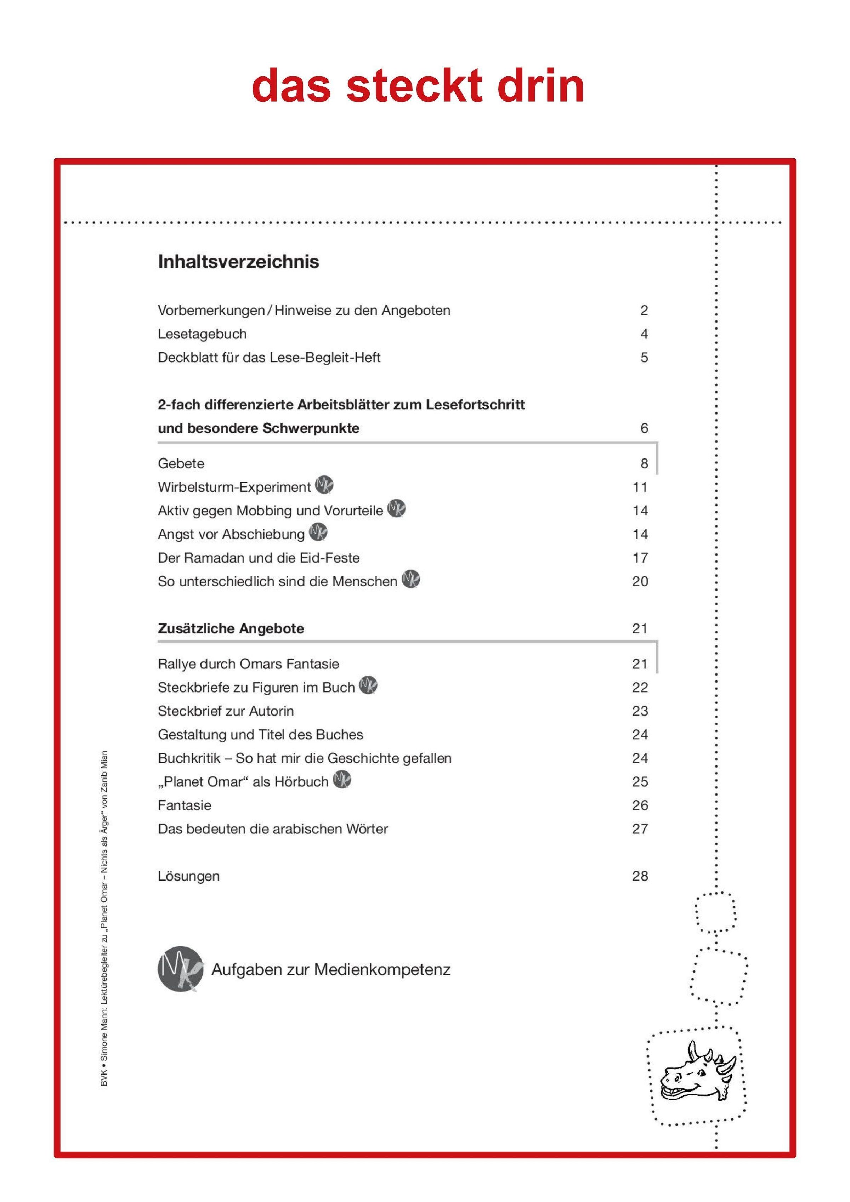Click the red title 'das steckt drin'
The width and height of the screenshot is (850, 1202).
coord(418,85)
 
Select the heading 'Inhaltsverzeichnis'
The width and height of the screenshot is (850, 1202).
coord(238,261)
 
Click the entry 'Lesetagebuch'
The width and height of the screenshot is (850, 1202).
coord(202,334)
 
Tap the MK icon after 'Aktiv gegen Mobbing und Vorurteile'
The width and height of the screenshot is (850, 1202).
coord(396,509)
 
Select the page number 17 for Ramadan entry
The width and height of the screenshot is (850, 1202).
coord(640,558)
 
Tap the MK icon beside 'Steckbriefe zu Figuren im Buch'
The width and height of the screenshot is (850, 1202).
coord(368,686)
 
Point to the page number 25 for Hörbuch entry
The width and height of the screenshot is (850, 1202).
coord(640,782)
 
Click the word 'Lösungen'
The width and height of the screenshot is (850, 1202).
coord(188,876)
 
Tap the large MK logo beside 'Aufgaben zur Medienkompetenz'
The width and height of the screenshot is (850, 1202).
coord(180,969)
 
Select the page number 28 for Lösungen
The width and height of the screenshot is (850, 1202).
coord(640,876)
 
